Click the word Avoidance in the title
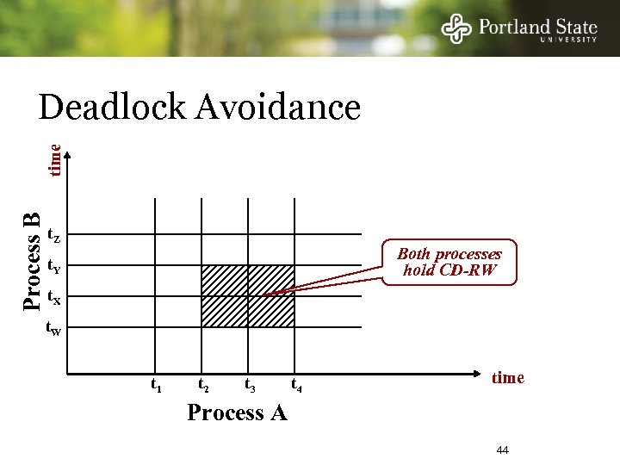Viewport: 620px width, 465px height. click(278, 108)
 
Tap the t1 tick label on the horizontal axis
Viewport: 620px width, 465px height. click(157, 386)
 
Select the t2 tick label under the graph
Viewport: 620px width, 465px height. click(204, 386)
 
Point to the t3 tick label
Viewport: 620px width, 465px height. click(250, 386)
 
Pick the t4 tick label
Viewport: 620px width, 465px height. click(296, 386)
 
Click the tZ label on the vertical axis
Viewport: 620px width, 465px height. click(53, 235)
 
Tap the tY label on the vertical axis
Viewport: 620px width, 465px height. click(53, 266)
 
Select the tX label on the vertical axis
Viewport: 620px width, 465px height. click(53, 299)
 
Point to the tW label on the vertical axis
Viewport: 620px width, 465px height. click(53, 328)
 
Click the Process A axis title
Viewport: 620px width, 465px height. click(237, 413)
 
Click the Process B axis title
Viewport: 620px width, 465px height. click(32, 261)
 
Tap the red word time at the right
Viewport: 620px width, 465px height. click(507, 378)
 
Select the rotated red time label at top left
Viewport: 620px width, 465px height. click(54, 160)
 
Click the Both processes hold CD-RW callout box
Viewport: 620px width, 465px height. click(449, 262)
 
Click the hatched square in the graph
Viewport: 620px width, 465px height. click(248, 295)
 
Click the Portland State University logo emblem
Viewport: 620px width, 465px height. click(456, 29)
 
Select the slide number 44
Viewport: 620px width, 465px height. click(503, 450)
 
